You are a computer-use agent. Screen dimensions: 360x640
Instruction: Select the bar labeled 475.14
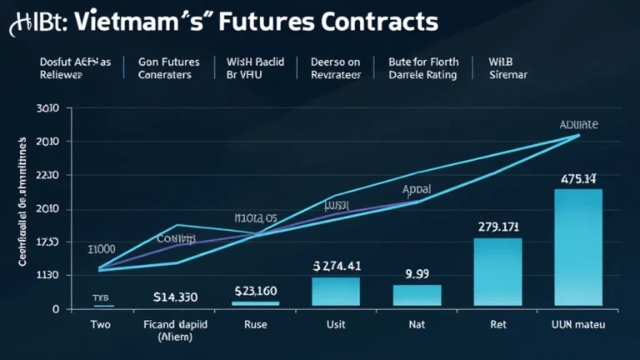click(x=577, y=247)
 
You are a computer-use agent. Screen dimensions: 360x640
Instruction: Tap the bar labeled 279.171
click(x=497, y=272)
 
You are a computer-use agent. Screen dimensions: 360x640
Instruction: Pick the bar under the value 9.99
click(x=417, y=295)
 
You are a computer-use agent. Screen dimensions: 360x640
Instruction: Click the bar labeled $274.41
click(x=336, y=292)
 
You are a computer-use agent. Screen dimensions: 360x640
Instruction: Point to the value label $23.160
click(x=256, y=291)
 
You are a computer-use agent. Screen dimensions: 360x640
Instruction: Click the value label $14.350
click(x=175, y=296)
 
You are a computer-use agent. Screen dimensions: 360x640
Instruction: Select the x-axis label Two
click(x=99, y=324)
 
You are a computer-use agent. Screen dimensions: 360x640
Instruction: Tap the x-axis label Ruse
click(x=256, y=324)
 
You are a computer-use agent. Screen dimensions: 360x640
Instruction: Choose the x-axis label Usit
click(x=337, y=324)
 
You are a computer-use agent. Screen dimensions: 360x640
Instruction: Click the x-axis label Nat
click(x=417, y=324)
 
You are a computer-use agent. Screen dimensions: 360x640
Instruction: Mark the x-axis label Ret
click(x=497, y=324)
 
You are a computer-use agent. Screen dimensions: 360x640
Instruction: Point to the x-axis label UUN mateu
click(x=578, y=324)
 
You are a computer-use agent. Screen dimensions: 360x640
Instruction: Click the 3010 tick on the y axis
click(x=47, y=108)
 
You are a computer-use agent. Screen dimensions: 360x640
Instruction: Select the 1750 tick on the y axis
click(x=47, y=242)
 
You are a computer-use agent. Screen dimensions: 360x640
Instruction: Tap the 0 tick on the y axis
click(x=56, y=309)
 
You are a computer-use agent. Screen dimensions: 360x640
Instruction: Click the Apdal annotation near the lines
click(x=416, y=189)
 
